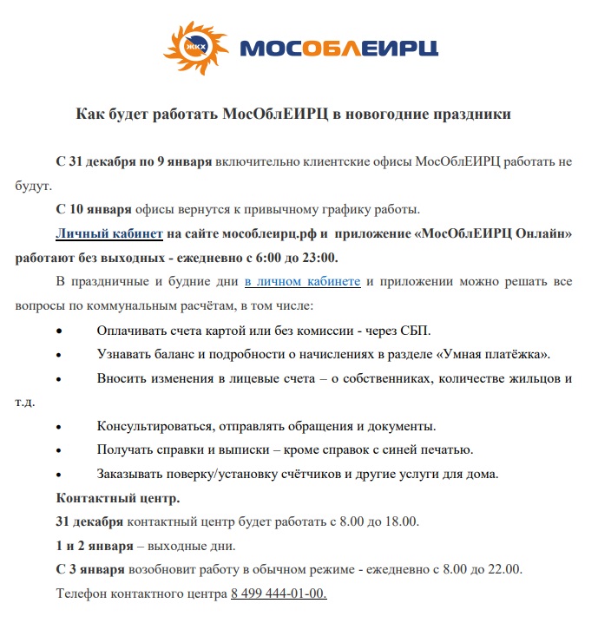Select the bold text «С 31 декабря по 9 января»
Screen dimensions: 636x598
[134, 162]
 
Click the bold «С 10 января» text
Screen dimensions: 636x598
[94, 209]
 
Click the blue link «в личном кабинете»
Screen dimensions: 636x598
[302, 282]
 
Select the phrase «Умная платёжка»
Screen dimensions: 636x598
[494, 354]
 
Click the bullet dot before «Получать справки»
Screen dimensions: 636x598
[59, 450]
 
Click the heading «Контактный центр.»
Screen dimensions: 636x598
[118, 498]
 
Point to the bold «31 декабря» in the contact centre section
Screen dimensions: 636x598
[90, 521]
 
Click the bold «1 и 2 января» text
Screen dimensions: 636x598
[95, 546]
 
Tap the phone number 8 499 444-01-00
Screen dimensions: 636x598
[279, 593]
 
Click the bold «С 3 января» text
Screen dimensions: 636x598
[91, 569]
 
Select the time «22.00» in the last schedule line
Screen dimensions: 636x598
[503, 569]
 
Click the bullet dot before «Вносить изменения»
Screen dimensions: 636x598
[59, 379]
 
